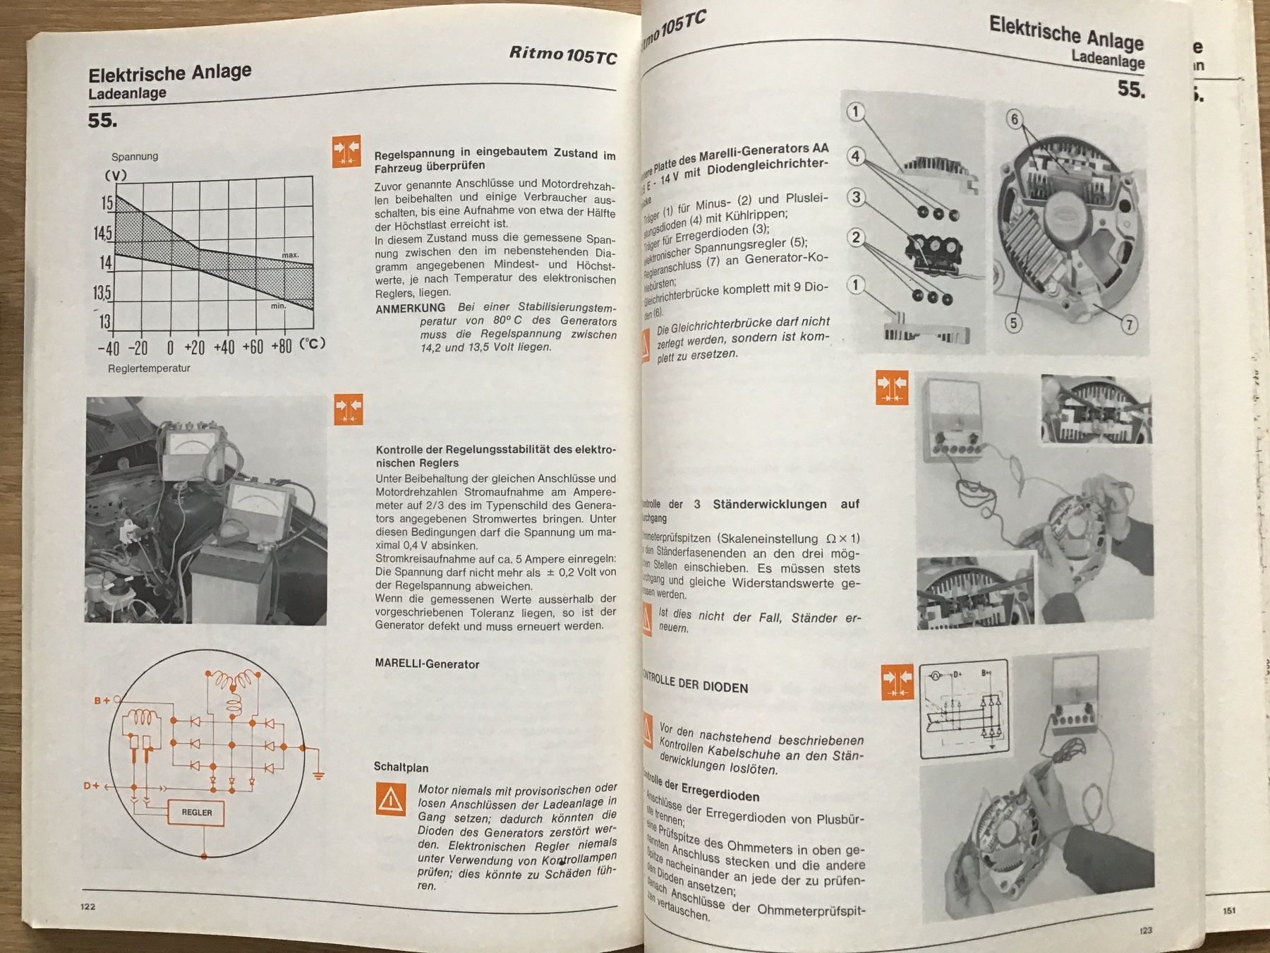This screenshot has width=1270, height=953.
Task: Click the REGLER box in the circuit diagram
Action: pos(197,813)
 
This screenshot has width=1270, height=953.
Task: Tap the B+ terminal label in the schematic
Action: pos(102,700)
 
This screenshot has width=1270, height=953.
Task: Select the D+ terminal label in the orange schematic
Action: pos(92,786)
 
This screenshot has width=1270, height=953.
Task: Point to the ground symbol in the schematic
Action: pos(318,775)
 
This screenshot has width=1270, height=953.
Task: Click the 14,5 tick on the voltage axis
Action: pos(103,233)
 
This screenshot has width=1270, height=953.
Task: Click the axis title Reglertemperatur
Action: pos(149,368)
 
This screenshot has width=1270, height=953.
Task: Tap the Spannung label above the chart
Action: pos(135,157)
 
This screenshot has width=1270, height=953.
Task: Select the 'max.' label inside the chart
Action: pos(290,255)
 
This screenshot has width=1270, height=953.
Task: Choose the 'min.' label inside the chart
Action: pos(278,306)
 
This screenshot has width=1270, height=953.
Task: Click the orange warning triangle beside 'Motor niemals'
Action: pos(390,799)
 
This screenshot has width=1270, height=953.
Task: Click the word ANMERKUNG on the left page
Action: pos(410,308)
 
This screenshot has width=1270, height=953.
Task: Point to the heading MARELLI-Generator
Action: pos(427,664)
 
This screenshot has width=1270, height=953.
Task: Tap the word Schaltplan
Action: pos(401,767)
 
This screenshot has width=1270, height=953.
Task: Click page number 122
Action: pos(87,906)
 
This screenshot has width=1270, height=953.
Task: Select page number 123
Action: pos(1145,930)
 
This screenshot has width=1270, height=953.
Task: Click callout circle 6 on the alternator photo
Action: pos(1015,119)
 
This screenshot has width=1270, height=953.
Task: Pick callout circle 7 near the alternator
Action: pos(1129,325)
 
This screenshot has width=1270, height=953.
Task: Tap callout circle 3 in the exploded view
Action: pos(856,197)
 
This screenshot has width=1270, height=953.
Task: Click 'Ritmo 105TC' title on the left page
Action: pos(562,54)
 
